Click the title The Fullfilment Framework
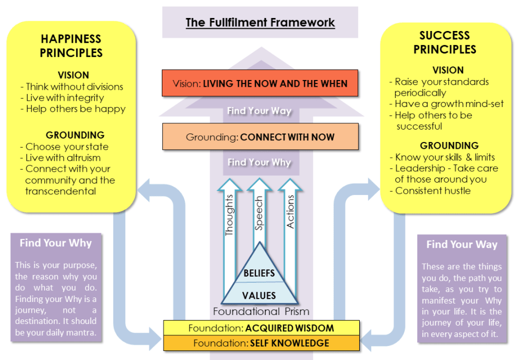(x=260, y=23)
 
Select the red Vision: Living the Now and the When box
(x=260, y=84)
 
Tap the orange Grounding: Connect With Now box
(x=260, y=137)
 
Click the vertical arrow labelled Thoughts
(x=229, y=214)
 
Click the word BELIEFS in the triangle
(x=259, y=274)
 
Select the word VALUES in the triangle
(x=259, y=295)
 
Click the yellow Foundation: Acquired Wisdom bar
(x=261, y=328)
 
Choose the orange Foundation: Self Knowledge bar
(x=261, y=343)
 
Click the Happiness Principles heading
(x=72, y=46)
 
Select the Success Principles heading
(x=445, y=42)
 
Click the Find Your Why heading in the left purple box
(x=56, y=243)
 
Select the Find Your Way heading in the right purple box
(x=462, y=245)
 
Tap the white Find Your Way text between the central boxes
(x=259, y=111)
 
